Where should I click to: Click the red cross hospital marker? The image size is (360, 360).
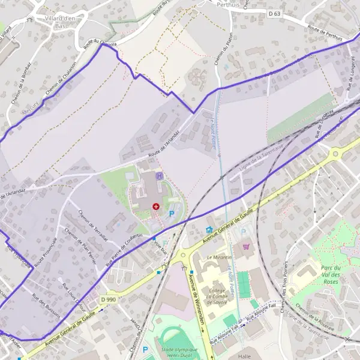[x=156, y=206]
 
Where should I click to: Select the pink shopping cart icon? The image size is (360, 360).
[x=245, y=246]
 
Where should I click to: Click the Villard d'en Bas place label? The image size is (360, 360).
[x=62, y=22]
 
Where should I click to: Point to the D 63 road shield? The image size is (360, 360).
[x=275, y=13]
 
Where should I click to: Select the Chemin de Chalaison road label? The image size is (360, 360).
[x=67, y=76]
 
